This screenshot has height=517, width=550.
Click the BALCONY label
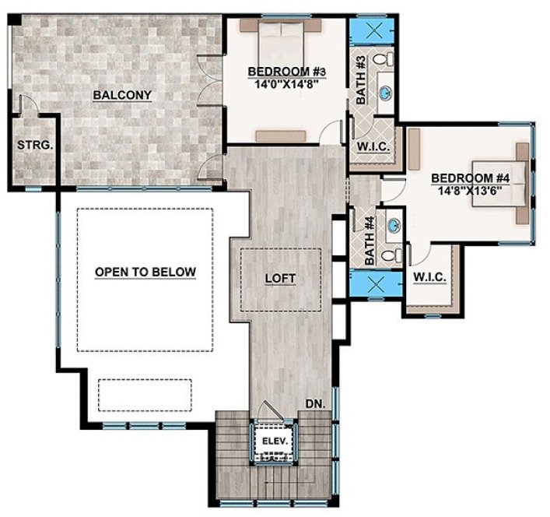click(x=121, y=95)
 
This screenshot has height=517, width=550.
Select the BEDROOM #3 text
click(x=286, y=72)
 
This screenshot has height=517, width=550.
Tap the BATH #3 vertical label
click(x=361, y=79)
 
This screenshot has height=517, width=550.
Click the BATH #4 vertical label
click(x=370, y=239)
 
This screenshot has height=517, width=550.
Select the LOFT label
click(x=280, y=277)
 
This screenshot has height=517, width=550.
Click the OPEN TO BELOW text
click(x=145, y=272)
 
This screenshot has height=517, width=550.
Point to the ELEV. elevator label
click(x=275, y=441)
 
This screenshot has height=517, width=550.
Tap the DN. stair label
click(x=315, y=405)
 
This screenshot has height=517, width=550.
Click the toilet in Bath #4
click(x=395, y=255)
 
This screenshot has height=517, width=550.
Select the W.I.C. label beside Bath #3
click(x=373, y=147)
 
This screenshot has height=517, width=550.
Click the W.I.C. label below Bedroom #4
click(x=429, y=277)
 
